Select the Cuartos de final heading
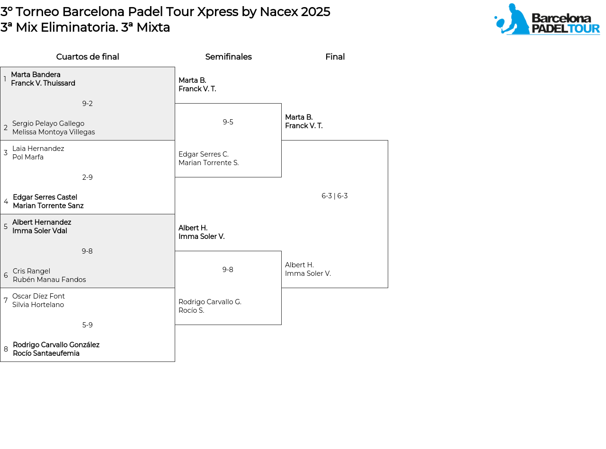point(88,56)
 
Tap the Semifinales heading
point(228,56)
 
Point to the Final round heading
point(335,56)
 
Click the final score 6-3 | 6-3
point(334,196)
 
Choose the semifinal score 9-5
point(228,122)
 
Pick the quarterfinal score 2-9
point(88,177)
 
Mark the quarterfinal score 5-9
point(88,325)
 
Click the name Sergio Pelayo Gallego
point(48,123)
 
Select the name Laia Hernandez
point(38,148)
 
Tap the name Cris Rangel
point(31,271)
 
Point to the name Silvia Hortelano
point(38,305)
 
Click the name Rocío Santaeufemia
point(46,353)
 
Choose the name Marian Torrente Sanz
point(48,206)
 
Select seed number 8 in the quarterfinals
point(6,349)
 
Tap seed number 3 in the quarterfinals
point(6,152)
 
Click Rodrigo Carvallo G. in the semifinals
point(210,302)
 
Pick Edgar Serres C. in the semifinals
point(204,154)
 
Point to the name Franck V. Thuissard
point(43,83)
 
